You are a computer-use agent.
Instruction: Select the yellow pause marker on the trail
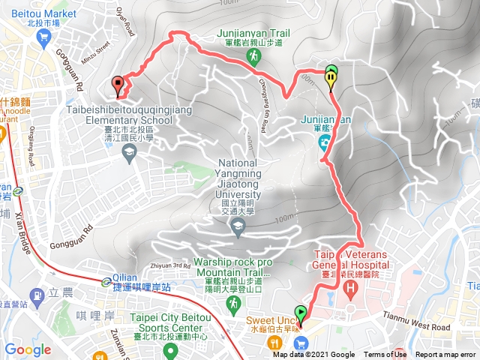tap(331, 76)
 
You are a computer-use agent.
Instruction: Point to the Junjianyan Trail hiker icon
tap(255, 56)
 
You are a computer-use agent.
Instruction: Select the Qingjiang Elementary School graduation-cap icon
tap(128, 152)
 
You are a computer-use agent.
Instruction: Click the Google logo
tap(28, 349)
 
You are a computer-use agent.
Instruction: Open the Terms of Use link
tap(385, 355)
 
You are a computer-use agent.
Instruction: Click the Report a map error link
tap(447, 355)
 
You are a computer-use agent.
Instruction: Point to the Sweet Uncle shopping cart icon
tap(302, 343)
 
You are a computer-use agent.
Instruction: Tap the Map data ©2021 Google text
tap(313, 355)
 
